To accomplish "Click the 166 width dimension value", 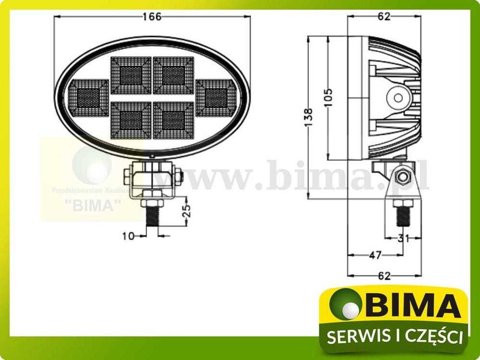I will pos(152,16).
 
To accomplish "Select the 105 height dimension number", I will pos(329,97).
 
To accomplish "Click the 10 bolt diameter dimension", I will pos(128,236).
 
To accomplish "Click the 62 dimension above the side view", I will pos(384,16).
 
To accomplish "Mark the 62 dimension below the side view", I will pos(384,276).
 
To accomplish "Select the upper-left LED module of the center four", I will pos(131,75).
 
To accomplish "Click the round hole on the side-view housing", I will pos(396,96).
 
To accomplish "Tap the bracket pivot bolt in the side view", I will pos(402,178).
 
